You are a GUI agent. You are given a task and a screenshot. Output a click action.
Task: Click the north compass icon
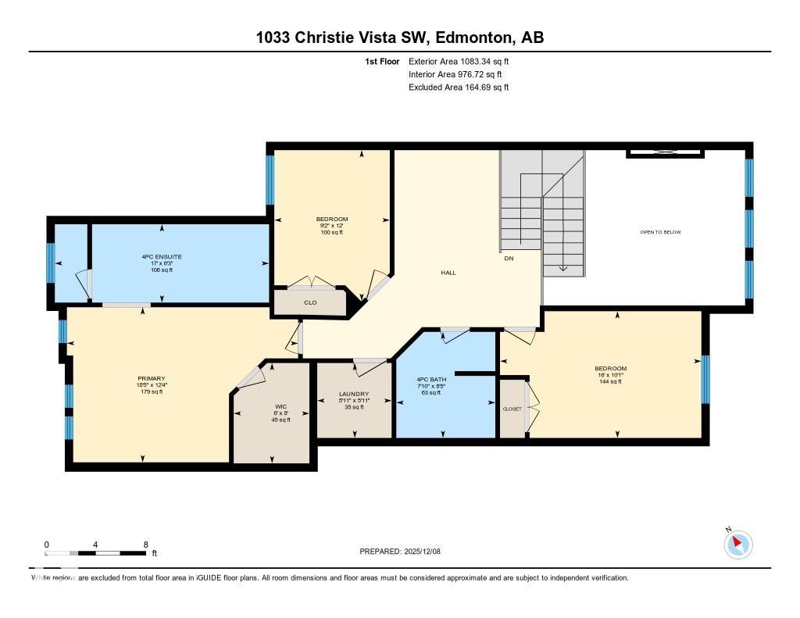pos(738,544)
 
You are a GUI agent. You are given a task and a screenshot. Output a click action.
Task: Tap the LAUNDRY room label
pos(354,394)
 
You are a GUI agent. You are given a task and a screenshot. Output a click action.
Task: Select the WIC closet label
pos(280,406)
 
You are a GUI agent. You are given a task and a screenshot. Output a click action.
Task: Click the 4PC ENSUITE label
pos(162,256)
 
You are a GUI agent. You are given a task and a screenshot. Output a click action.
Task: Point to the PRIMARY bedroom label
pos(152,378)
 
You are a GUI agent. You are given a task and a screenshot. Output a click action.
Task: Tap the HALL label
pos(448,273)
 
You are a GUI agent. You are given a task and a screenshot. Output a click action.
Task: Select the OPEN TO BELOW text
pos(660,232)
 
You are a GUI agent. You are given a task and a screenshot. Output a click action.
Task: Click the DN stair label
pos(509,258)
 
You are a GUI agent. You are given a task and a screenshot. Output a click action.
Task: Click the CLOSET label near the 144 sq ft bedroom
pos(512,409)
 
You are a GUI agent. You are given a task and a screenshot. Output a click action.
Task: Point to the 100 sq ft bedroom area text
pos(331,233)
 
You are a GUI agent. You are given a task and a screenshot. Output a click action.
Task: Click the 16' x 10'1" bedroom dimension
pos(610,375)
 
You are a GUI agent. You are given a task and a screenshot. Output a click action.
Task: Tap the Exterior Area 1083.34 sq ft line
pos(459,61)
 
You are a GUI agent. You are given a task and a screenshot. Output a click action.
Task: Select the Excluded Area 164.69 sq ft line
pos(459,88)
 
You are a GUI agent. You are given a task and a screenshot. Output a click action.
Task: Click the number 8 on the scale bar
pos(145,545)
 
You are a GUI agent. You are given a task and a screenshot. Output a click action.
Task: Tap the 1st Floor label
pos(382,61)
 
